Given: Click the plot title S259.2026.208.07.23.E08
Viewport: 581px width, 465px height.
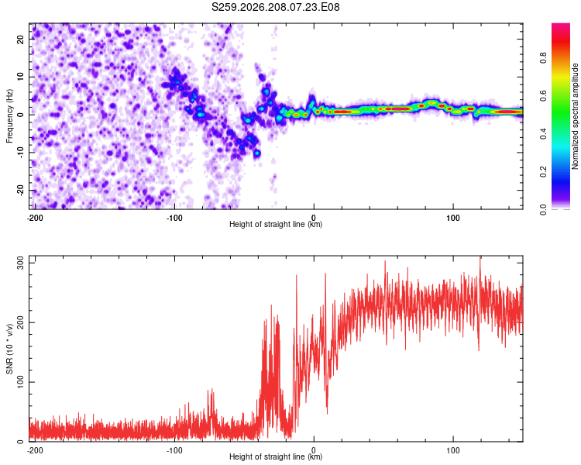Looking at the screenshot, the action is pyautogui.click(x=275, y=7).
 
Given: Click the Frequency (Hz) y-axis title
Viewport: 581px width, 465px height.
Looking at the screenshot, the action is pyautogui.click(x=9, y=116).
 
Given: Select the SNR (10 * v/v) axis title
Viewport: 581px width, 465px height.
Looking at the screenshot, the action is pyautogui.click(x=9, y=349).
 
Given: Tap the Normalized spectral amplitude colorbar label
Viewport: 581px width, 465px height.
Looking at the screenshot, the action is pyautogui.click(x=575, y=116).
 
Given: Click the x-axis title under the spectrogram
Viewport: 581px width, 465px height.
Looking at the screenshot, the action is pyautogui.click(x=276, y=224).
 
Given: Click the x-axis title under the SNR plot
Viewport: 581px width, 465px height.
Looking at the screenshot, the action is pyautogui.click(x=276, y=456).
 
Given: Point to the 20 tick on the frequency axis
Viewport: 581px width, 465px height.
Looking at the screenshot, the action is pyautogui.click(x=20, y=39).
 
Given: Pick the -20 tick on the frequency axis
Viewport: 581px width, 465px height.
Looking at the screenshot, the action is pyautogui.click(x=20, y=190).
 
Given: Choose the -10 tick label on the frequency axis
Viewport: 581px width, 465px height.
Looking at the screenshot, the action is pyautogui.click(x=20, y=153).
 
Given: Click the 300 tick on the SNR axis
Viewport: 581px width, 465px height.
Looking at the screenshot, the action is pyautogui.click(x=20, y=263).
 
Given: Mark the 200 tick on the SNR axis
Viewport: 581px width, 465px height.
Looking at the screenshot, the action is pyautogui.click(x=20, y=322).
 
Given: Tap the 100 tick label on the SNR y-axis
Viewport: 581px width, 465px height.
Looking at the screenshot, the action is pyautogui.click(x=20, y=382).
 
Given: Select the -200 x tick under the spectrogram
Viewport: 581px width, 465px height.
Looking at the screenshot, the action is pyautogui.click(x=35, y=218).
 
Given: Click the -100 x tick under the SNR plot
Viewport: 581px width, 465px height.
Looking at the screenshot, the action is pyautogui.click(x=174, y=450).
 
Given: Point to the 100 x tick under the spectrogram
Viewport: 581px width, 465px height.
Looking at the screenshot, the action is pyautogui.click(x=453, y=218).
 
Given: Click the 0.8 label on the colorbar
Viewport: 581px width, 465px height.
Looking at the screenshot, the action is pyautogui.click(x=543, y=58).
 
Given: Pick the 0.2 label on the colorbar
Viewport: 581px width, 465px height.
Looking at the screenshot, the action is pyautogui.click(x=543, y=172).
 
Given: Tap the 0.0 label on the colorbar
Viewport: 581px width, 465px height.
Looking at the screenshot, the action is pyautogui.click(x=543, y=210).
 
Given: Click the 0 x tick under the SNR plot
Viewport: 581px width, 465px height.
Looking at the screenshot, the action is pyautogui.click(x=314, y=450).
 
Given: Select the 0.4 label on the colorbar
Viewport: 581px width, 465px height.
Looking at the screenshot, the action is pyautogui.click(x=543, y=134).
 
